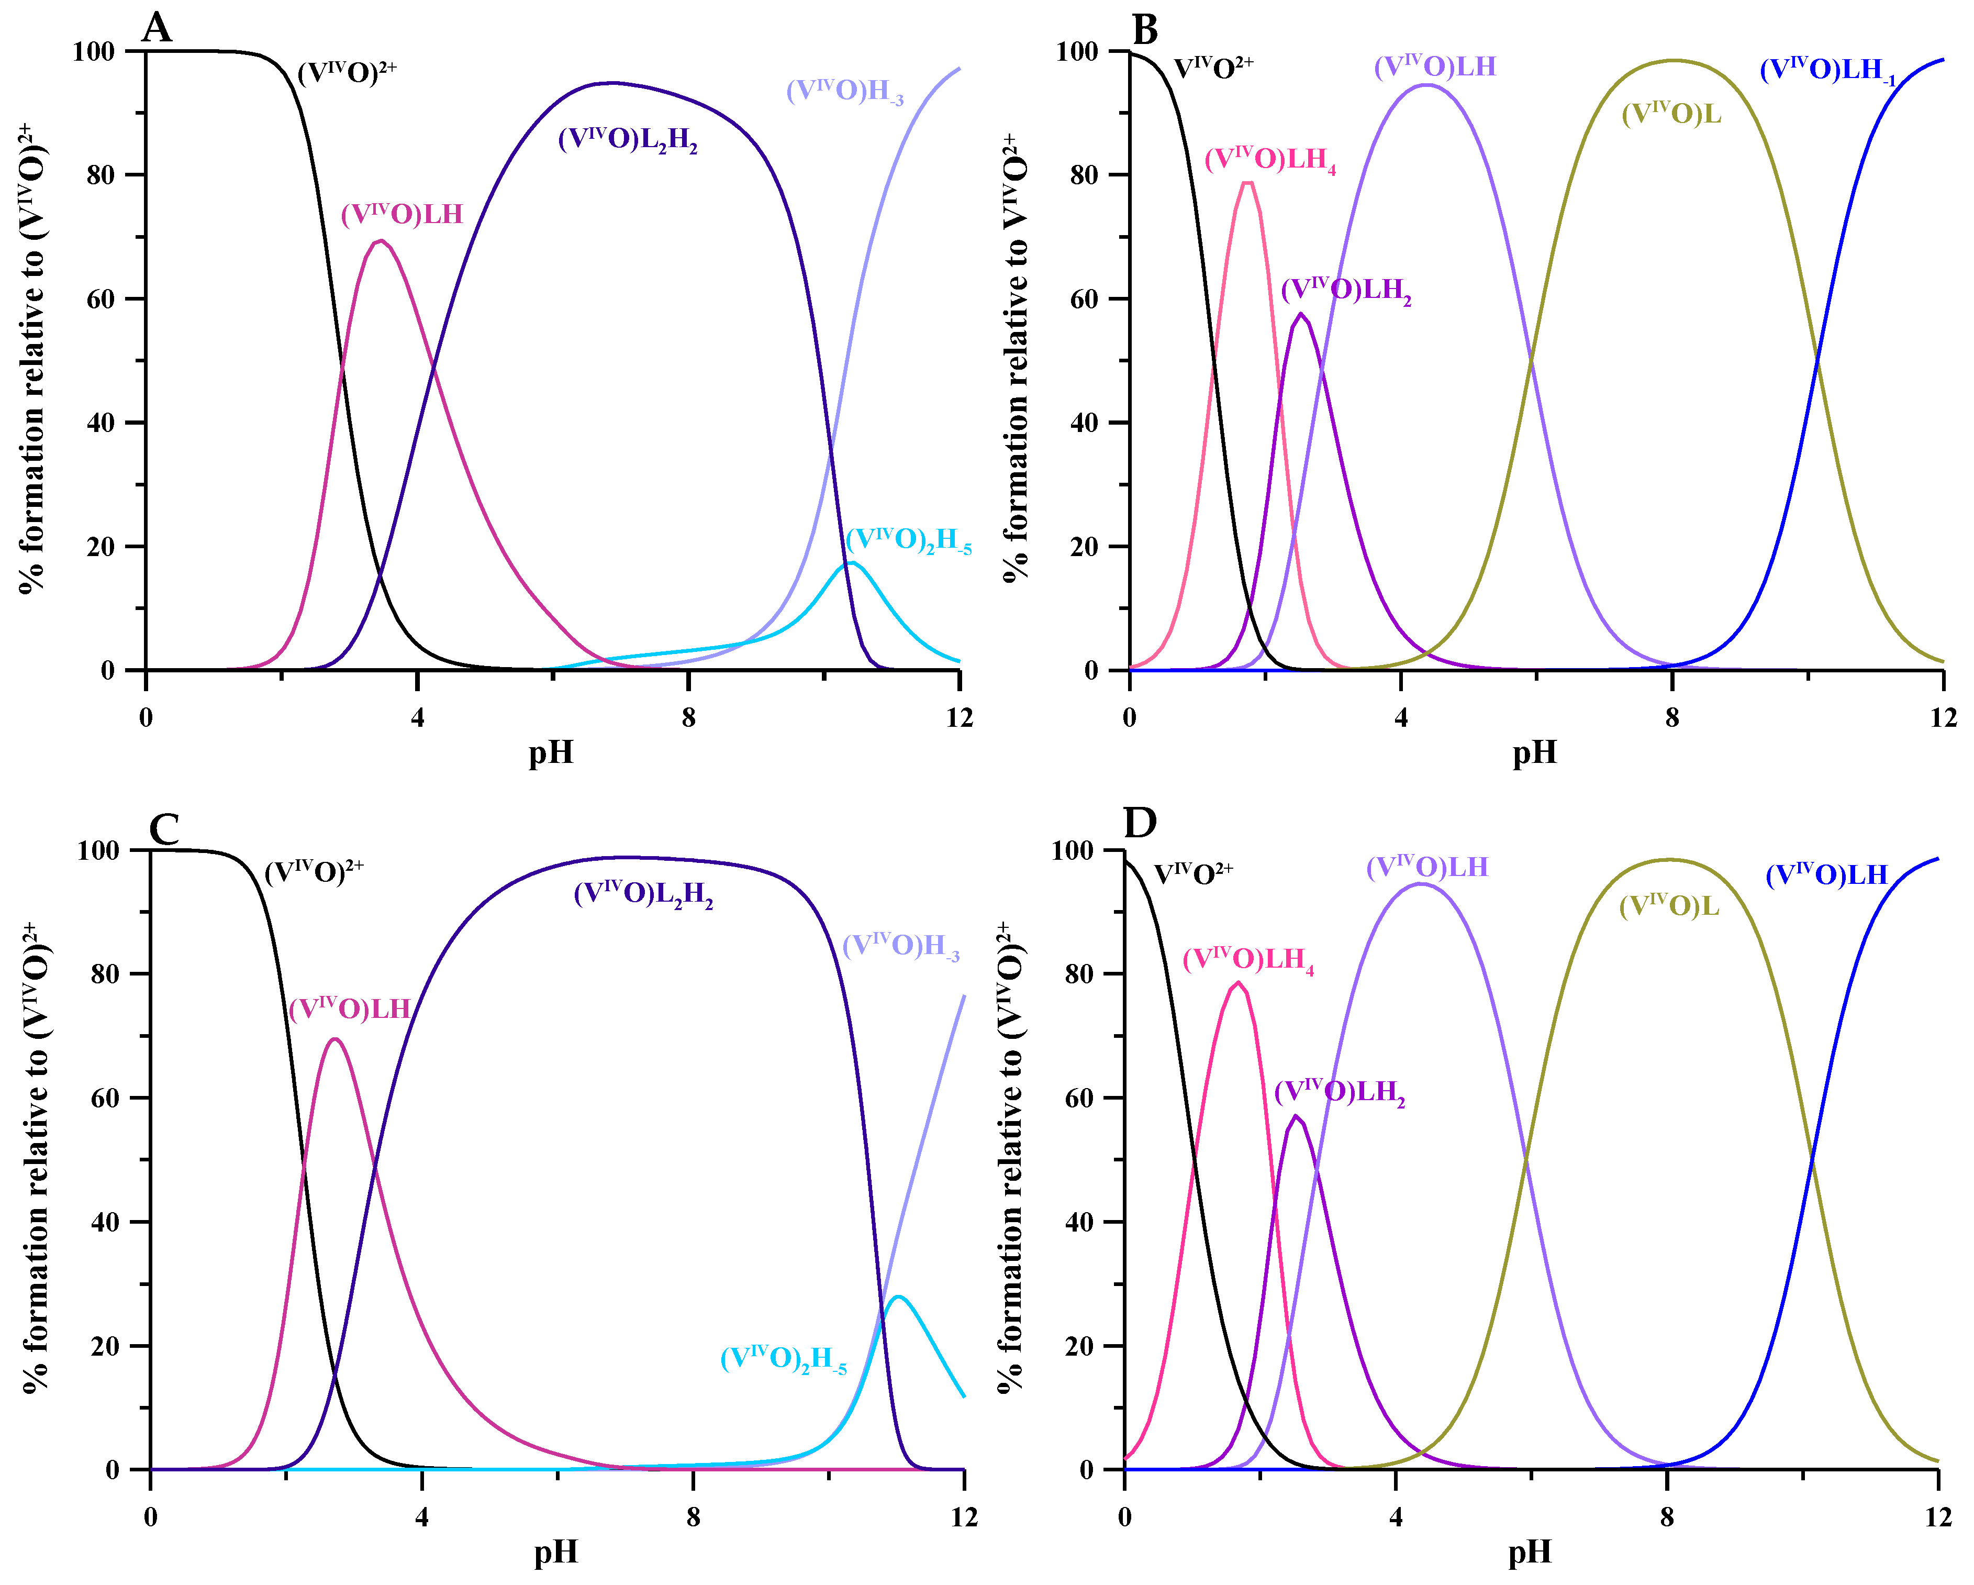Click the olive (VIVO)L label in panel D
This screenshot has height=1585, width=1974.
click(1668, 906)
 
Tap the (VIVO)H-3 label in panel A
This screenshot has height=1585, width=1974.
click(844, 91)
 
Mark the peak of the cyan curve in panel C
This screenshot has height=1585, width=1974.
click(897, 1296)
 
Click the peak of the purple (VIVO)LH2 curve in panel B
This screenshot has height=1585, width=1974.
click(1301, 314)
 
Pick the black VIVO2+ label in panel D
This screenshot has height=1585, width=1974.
click(1192, 873)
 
